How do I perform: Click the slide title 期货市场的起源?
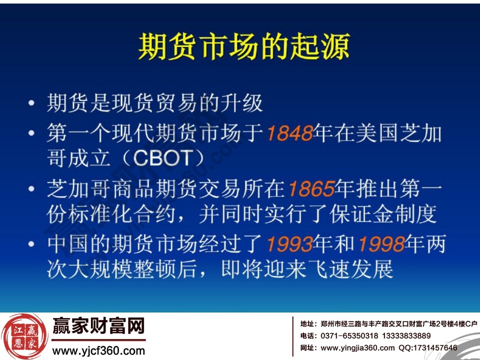click(243, 48)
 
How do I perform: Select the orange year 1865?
click(311, 189)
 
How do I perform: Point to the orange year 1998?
click(381, 244)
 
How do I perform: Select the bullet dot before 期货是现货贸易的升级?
click(32, 104)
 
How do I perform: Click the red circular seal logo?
click(24, 336)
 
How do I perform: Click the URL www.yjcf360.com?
click(98, 351)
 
